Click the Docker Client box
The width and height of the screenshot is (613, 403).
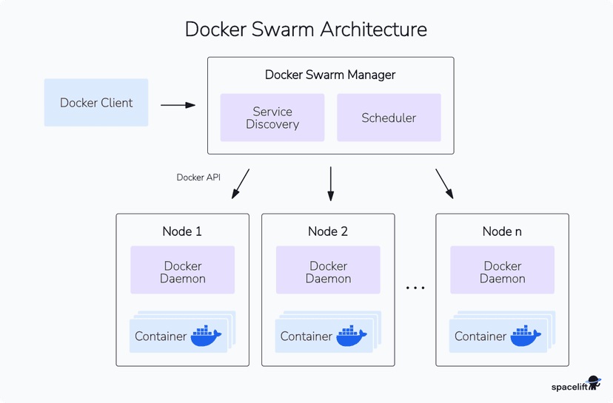pyautogui.click(x=96, y=103)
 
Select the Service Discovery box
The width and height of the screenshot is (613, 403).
pyautogui.click(x=272, y=118)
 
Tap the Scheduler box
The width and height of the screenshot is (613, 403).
pyautogui.click(x=389, y=118)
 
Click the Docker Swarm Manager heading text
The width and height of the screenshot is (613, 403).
pyautogui.click(x=330, y=75)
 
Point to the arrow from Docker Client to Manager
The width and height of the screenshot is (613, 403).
pyautogui.click(x=178, y=105)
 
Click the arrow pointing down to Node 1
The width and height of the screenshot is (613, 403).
pyautogui.click(x=241, y=183)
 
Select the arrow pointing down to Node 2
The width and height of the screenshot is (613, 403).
pyautogui.click(x=330, y=183)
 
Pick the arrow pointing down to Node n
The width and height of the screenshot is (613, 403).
pyautogui.click(x=444, y=183)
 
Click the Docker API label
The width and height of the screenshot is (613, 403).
pyautogui.click(x=198, y=177)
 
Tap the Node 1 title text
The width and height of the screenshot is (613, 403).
pyautogui.click(x=182, y=231)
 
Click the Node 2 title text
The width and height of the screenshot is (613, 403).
pyautogui.click(x=328, y=231)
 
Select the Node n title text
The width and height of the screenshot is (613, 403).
pyautogui.click(x=502, y=231)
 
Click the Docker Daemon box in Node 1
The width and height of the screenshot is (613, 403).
pyautogui.click(x=182, y=272)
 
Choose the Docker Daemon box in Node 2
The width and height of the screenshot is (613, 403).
pyautogui.click(x=328, y=272)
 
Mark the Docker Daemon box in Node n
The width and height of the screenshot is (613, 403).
pyautogui.click(x=502, y=272)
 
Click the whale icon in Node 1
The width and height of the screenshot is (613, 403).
pyautogui.click(x=206, y=336)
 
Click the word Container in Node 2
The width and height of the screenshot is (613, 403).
pyautogui.click(x=306, y=336)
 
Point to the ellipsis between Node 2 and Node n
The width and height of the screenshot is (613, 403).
pyautogui.click(x=415, y=287)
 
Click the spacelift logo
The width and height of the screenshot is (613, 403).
pyautogui.click(x=576, y=385)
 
